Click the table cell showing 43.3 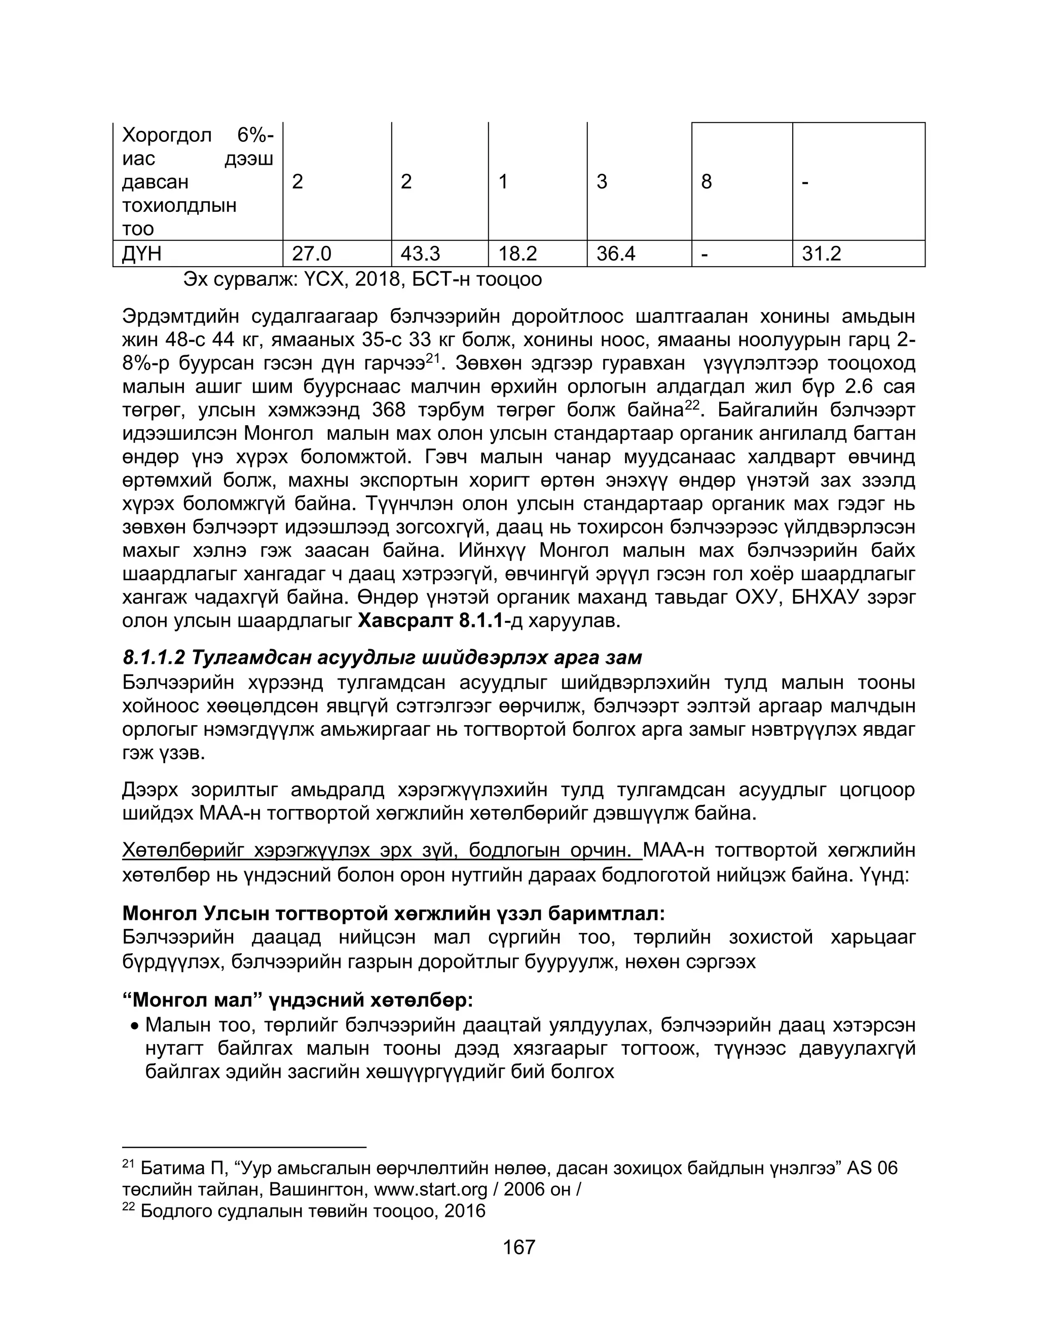pos(420,253)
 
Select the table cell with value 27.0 pos(311,253)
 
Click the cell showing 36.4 pos(616,253)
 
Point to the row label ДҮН pos(142,253)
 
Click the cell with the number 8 pos(707,181)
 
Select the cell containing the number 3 pos(602,181)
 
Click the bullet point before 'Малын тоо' pos(134,1026)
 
